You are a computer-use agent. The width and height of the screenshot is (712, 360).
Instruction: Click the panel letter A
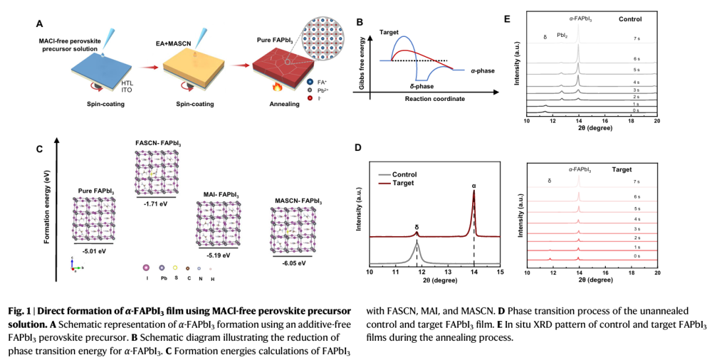[40, 24]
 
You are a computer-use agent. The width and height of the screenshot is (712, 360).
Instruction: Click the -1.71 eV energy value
[156, 205]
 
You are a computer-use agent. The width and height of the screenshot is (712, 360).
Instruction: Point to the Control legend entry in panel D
[405, 175]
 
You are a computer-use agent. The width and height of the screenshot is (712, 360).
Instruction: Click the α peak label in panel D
[474, 187]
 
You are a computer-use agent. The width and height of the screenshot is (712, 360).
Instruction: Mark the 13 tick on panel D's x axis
[448, 272]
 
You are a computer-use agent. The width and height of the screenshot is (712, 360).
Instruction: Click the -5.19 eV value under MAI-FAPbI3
[218, 255]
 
